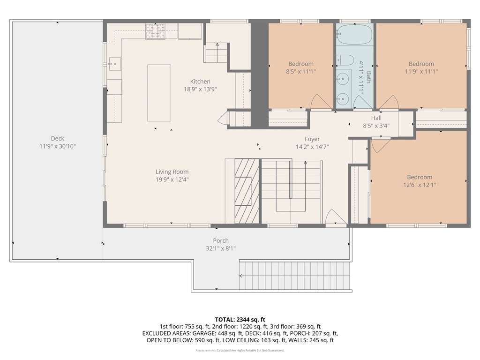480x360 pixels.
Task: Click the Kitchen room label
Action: point(200,82)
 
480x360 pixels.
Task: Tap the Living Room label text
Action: point(172,172)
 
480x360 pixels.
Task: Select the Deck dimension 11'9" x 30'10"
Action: point(58,146)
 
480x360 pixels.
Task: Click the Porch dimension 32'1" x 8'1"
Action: point(221,248)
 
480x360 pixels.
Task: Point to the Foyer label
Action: point(312,139)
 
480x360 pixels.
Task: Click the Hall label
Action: point(376,118)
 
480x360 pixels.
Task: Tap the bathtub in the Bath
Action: point(354,34)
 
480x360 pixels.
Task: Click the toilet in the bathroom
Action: point(345,60)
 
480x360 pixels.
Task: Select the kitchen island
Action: point(159,93)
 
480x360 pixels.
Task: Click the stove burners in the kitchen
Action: point(155,31)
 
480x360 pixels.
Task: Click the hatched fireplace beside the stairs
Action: point(247,191)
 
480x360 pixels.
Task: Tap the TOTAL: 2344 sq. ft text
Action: point(240,319)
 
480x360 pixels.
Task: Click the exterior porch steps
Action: point(295,277)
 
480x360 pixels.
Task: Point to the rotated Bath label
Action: point(368,78)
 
